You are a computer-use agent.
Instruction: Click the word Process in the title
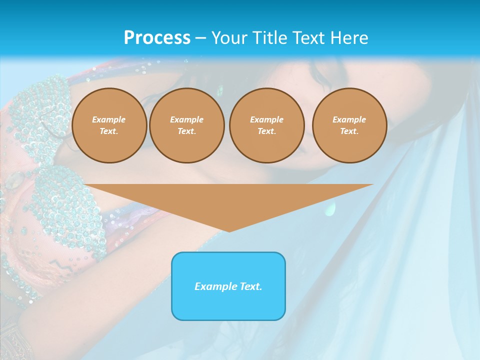[157, 38]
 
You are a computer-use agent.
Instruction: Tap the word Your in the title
[230, 38]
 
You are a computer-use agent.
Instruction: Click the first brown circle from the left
[109, 125]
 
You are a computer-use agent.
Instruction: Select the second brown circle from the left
[187, 125]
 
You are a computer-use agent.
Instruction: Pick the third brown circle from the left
[267, 125]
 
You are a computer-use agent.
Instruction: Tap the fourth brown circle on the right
[349, 125]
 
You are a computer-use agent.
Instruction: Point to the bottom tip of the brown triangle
[229, 231]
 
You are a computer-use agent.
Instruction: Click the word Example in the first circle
[109, 120]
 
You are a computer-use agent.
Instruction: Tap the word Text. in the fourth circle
[349, 131]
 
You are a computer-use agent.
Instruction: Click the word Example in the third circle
[267, 120]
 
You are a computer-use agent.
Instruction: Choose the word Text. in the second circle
[187, 131]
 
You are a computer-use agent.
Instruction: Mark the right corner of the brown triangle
[372, 185]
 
